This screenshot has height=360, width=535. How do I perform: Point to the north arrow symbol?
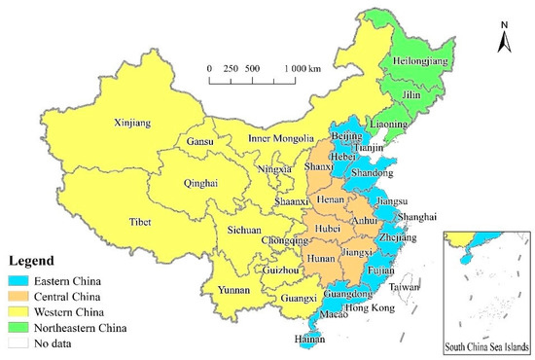tap(503, 39)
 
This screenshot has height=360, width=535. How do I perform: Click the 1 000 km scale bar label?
tap(305, 68)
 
